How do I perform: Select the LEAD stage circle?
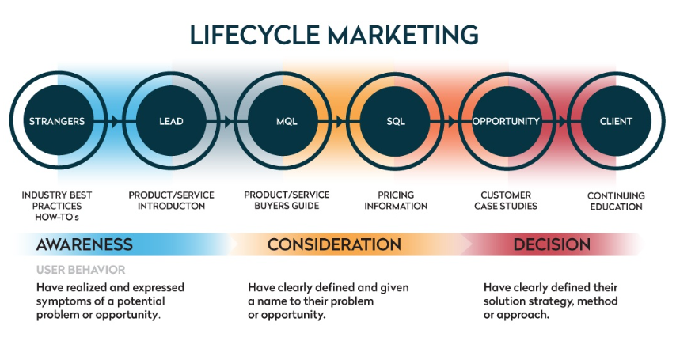click(171, 121)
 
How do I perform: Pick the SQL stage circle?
click(395, 121)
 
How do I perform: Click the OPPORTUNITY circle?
click(506, 121)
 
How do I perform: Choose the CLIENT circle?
click(616, 121)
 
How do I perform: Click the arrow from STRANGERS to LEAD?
click(115, 121)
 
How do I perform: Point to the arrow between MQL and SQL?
click(339, 121)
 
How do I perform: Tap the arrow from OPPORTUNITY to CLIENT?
click(561, 121)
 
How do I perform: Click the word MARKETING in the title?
click(403, 35)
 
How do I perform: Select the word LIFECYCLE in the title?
click(254, 35)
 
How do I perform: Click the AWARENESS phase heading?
click(85, 244)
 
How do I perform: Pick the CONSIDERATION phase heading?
click(334, 244)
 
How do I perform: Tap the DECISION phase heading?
click(552, 244)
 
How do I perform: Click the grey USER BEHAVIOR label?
click(81, 270)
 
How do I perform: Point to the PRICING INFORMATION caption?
click(396, 200)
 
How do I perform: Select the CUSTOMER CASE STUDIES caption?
click(506, 200)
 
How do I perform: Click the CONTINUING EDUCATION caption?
click(616, 201)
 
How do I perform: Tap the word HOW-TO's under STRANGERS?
click(57, 217)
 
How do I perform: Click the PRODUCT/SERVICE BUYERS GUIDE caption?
click(287, 200)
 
